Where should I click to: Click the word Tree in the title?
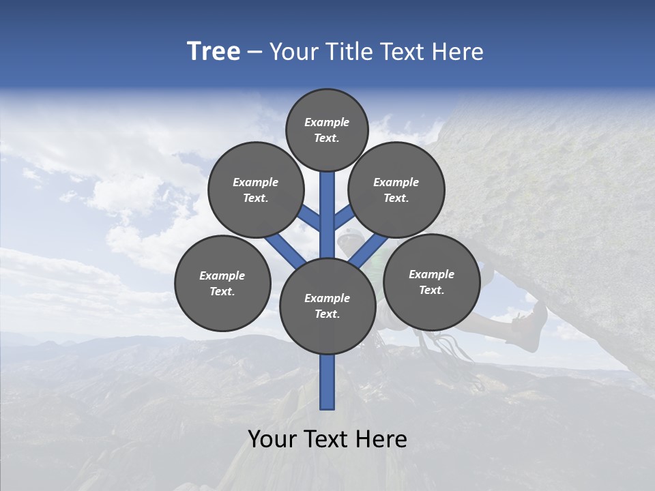click(x=214, y=52)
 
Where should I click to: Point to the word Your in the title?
click(x=294, y=52)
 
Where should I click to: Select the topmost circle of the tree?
click(x=327, y=130)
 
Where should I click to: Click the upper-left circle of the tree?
click(x=256, y=190)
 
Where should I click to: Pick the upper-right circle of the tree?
click(x=396, y=190)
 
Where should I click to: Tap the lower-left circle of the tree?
click(x=222, y=283)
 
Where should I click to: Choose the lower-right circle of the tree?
click(x=431, y=282)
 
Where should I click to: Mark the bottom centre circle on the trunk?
click(x=327, y=306)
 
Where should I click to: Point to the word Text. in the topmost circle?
click(x=326, y=138)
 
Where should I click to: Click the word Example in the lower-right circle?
click(x=431, y=274)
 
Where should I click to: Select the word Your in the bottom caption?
click(x=272, y=439)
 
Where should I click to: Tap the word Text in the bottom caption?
click(x=327, y=439)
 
